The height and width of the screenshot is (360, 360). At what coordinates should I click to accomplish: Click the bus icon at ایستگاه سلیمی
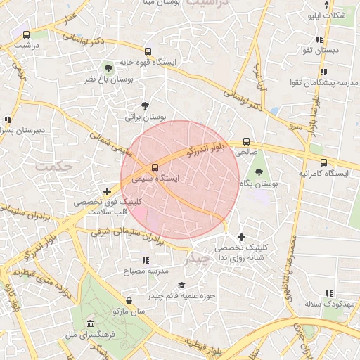[x=155, y=167]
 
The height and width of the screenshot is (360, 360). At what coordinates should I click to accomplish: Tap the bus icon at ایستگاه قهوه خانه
[x=148, y=51]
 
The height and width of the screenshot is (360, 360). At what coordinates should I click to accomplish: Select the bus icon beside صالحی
[x=245, y=141]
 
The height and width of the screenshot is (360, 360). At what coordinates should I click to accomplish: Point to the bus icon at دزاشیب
[x=27, y=34]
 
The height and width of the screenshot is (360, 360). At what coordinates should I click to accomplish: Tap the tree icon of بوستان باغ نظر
[x=108, y=68]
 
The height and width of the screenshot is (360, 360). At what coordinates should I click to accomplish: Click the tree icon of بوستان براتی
[x=145, y=105]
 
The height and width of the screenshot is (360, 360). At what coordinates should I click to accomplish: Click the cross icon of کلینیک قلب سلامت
[x=107, y=191]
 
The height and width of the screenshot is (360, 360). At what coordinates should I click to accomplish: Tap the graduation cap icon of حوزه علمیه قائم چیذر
[x=181, y=285]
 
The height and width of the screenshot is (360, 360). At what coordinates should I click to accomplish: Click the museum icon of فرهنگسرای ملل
[x=90, y=323]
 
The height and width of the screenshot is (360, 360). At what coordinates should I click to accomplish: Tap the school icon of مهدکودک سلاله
[x=328, y=293]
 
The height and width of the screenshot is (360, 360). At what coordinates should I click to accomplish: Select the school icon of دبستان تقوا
[x=320, y=39]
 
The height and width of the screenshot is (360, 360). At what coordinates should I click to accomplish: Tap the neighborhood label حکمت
[x=53, y=167]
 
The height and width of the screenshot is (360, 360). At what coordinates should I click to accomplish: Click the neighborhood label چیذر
[x=196, y=259]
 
